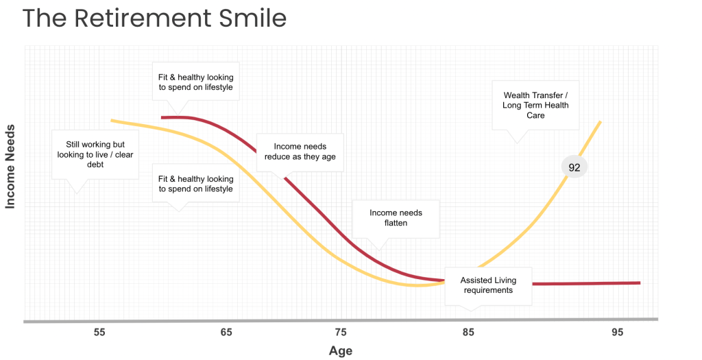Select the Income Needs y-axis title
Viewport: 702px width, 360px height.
click(11, 166)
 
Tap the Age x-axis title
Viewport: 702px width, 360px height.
click(341, 350)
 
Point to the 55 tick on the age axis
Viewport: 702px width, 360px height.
click(99, 333)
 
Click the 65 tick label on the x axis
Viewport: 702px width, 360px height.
click(226, 333)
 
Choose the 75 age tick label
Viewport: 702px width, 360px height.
click(341, 333)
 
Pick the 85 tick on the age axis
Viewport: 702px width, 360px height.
click(469, 333)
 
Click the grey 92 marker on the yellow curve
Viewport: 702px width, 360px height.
click(574, 167)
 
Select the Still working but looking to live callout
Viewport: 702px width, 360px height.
click(95, 154)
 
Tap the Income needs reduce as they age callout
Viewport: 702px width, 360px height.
click(300, 152)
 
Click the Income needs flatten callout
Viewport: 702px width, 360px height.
click(396, 218)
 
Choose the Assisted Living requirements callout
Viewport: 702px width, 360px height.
click(488, 285)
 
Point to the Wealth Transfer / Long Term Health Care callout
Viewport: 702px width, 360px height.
click(535, 106)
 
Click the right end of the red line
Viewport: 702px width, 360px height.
click(639, 283)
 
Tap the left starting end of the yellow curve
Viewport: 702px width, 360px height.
click(112, 121)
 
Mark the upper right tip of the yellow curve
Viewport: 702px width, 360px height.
click(601, 122)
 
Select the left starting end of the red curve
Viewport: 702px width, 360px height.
click(162, 117)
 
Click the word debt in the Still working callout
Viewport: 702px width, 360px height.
click(95, 165)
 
